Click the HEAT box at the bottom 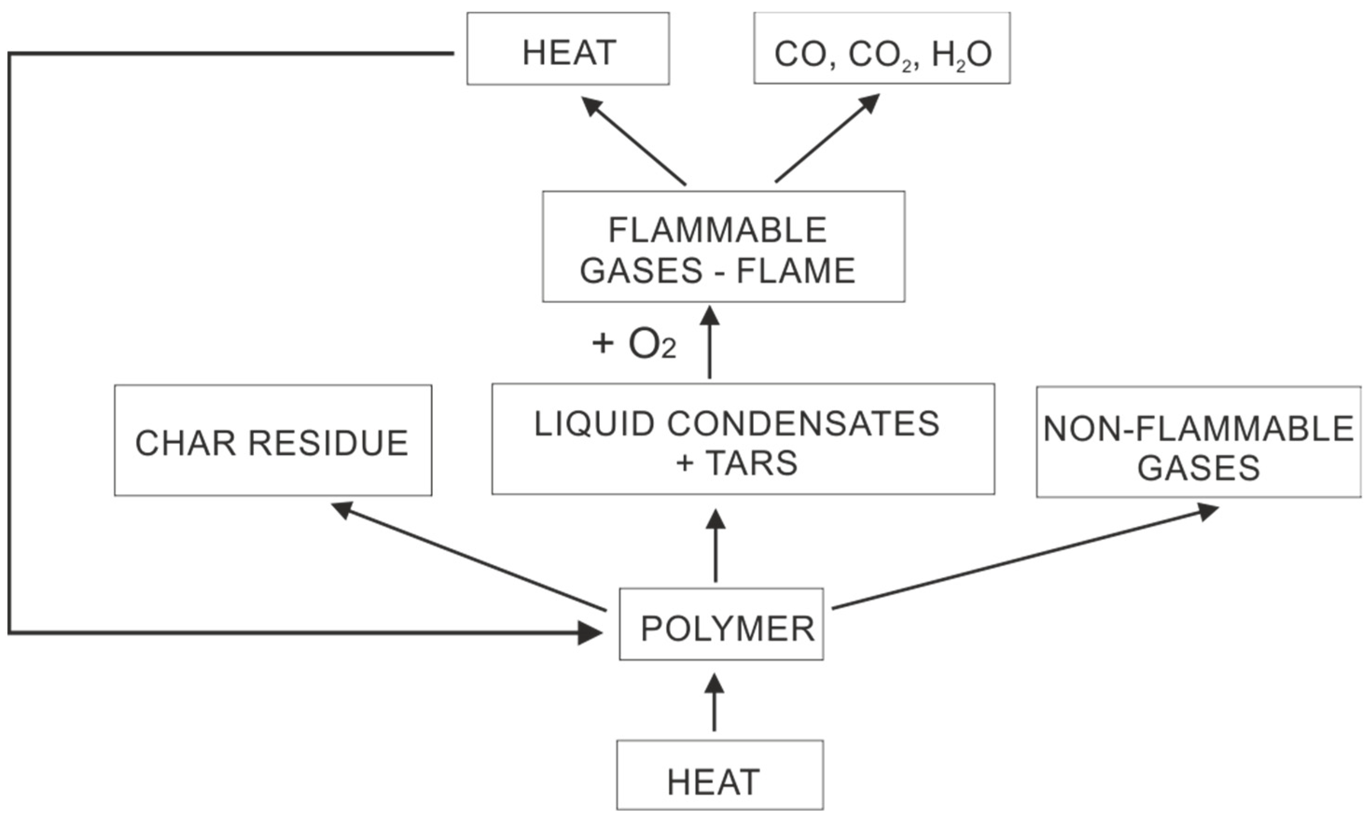pos(720,774)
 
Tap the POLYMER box pos(722,624)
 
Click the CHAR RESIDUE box pos(273,440)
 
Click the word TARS pos(752,462)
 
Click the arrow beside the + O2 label pos(710,343)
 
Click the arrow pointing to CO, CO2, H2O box pos(827,138)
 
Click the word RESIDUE pos(328,443)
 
